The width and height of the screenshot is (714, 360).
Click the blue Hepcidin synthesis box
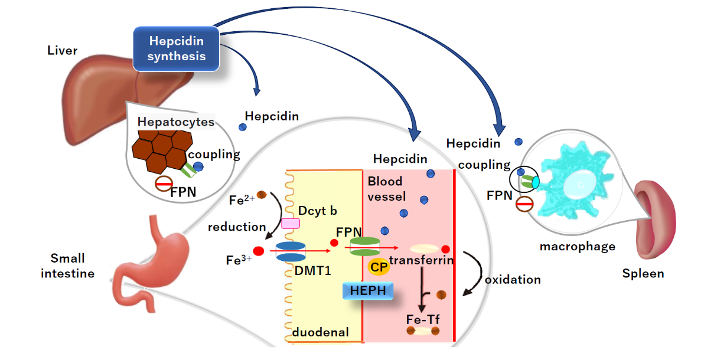click(x=177, y=48)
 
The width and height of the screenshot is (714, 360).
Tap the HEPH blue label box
click(x=368, y=290)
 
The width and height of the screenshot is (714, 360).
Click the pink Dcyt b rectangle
click(x=290, y=223)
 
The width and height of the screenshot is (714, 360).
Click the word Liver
click(x=62, y=50)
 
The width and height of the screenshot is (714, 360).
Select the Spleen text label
click(x=643, y=274)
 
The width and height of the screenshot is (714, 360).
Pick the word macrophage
click(x=569, y=246)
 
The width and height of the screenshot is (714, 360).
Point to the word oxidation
click(x=512, y=279)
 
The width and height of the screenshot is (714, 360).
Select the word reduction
click(x=237, y=227)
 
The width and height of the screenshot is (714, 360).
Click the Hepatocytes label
click(x=175, y=122)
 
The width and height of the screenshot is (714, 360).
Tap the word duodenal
click(x=321, y=332)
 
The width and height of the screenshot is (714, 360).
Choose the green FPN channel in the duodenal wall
click(x=365, y=246)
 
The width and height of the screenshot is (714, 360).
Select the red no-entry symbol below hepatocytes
click(x=164, y=184)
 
